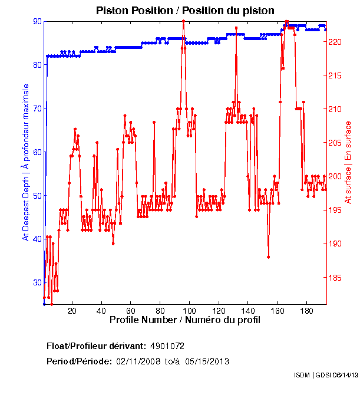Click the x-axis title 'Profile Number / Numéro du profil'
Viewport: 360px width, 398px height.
[x=185, y=320]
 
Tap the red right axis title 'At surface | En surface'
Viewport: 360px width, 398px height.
[x=348, y=163]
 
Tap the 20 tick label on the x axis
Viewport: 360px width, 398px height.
[x=72, y=311]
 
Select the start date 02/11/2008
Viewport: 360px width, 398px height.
[x=137, y=361]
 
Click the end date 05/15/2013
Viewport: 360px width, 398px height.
[x=207, y=361]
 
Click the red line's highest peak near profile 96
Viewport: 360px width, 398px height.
[x=184, y=21]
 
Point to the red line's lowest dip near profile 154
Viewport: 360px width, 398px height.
[x=268, y=256]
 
